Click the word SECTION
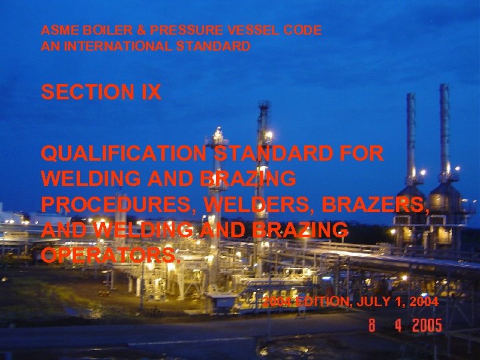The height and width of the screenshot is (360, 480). tap(83, 93)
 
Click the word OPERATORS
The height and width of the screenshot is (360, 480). tap(109, 255)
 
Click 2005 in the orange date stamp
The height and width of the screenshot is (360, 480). tap(427, 326)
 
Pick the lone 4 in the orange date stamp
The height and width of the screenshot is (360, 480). tap(398, 326)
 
